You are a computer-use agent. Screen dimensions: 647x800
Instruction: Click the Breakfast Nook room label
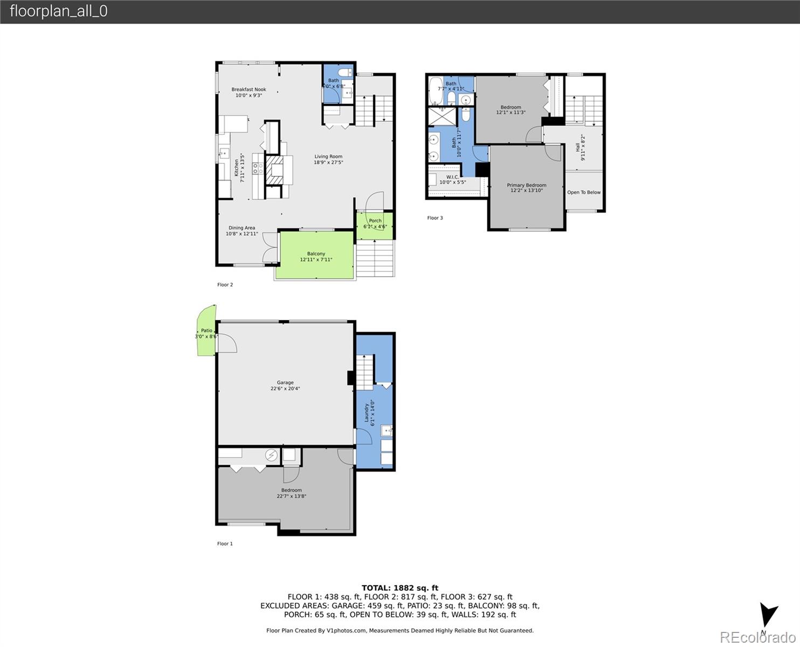coord(249,90)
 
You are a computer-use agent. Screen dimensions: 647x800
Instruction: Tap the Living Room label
coord(328,156)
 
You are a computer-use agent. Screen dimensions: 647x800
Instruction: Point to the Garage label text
coord(285,383)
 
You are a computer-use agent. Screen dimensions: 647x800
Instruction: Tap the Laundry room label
coord(366,413)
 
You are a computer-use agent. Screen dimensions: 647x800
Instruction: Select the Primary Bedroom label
coord(526,185)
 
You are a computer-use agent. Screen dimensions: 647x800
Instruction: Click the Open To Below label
coord(583,192)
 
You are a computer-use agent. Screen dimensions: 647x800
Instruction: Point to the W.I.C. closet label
coord(452,177)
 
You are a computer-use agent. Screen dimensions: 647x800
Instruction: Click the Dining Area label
coord(242,228)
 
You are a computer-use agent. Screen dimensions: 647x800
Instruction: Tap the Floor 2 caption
coord(225,285)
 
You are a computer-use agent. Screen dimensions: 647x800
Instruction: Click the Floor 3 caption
coord(435,218)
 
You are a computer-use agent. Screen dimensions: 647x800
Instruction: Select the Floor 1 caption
coord(225,543)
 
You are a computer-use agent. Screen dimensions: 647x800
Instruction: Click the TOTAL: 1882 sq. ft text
coord(399,588)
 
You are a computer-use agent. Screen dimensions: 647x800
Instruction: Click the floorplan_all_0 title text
coord(58,11)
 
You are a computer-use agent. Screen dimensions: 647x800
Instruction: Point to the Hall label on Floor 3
coord(577,147)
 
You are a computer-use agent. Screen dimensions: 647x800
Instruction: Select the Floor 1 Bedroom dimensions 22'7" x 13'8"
coord(291,496)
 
